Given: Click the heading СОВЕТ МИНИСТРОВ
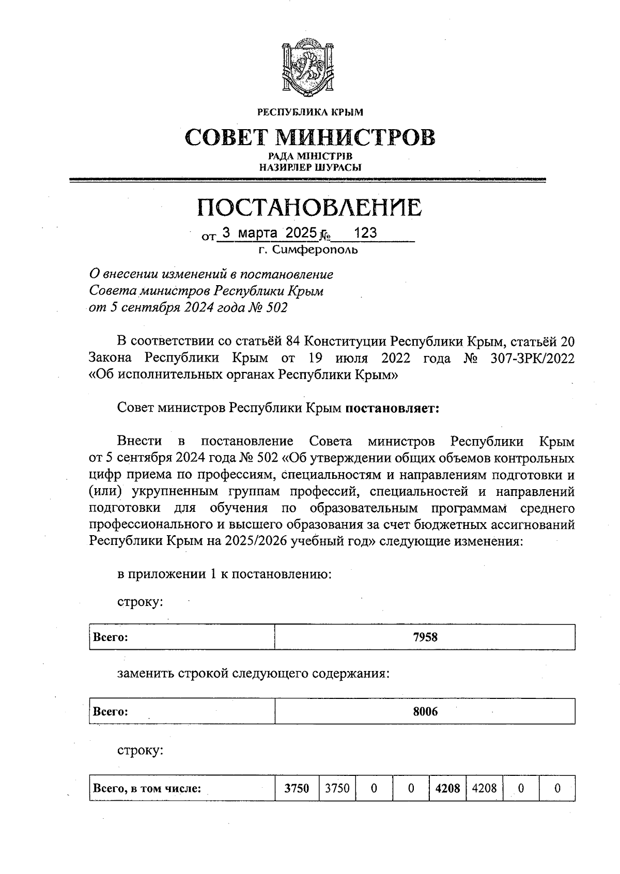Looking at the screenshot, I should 309,137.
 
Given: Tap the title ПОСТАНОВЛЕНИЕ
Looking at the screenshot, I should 309,207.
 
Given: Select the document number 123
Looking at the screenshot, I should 365,233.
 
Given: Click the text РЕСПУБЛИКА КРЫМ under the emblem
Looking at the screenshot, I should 309,112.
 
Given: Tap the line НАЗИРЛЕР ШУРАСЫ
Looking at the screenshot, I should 309,167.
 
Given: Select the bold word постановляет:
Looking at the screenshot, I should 392,408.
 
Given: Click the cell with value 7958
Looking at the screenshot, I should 425,637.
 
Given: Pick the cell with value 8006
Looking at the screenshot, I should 425,712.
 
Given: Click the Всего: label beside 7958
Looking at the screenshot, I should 111,637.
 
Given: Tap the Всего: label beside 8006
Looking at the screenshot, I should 111,712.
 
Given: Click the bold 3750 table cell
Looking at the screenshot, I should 297,788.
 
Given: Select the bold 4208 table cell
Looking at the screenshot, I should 447,788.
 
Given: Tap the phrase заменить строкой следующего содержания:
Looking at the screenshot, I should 253,674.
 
